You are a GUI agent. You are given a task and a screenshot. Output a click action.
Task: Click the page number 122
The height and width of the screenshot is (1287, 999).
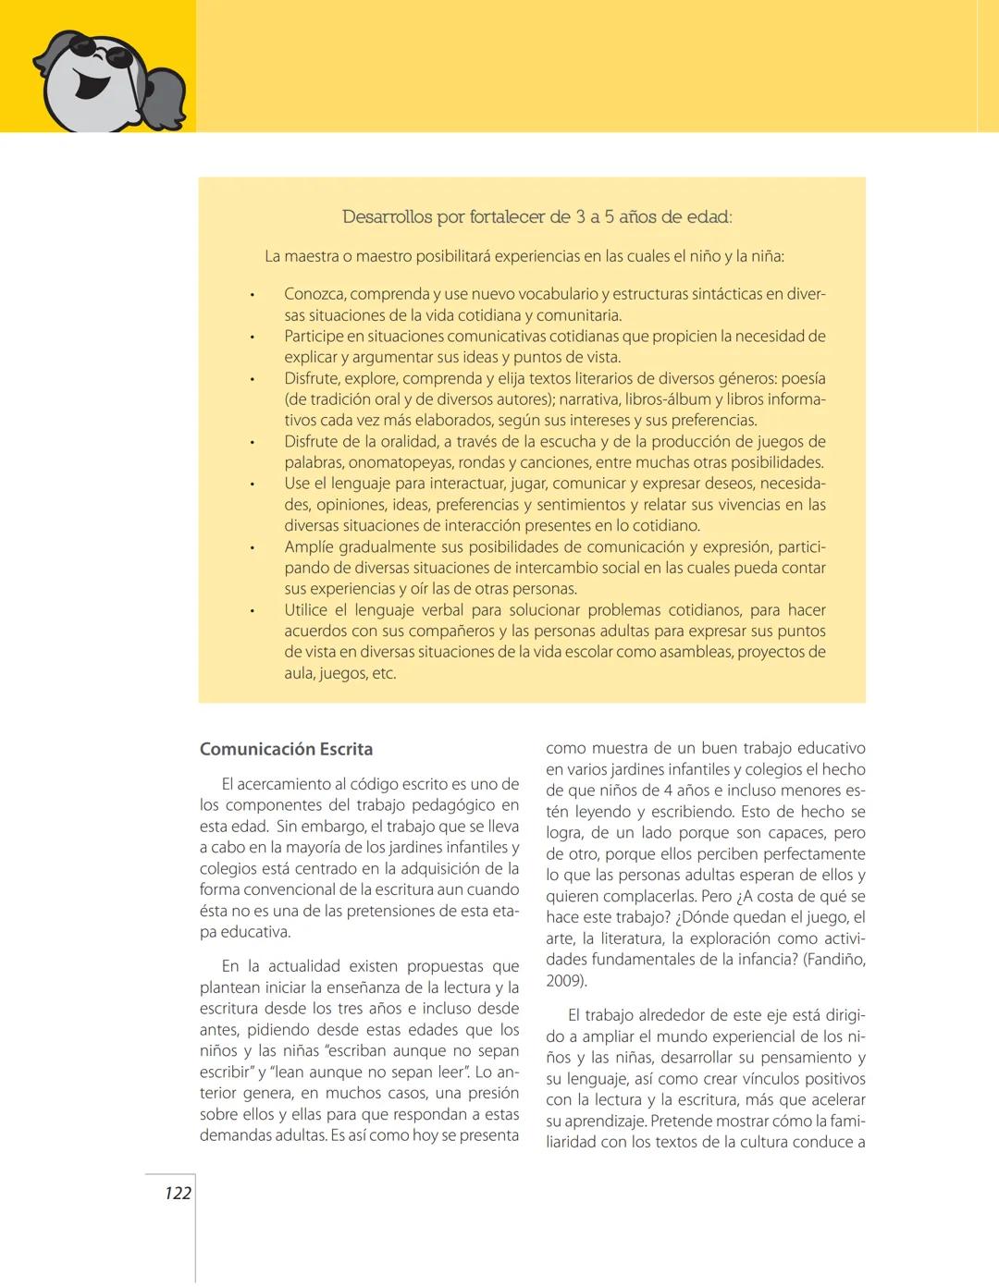tap(178, 1193)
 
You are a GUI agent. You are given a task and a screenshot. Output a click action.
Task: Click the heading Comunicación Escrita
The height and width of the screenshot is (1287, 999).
tap(287, 749)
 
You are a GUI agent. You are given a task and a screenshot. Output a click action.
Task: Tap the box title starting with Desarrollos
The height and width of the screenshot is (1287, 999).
tap(536, 217)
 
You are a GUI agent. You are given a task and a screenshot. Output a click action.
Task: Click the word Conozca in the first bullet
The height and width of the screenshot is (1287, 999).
tap(314, 294)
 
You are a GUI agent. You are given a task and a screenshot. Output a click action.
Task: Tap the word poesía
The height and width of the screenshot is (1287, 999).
tap(804, 378)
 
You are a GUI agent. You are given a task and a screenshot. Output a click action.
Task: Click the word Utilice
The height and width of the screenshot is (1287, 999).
tap(306, 610)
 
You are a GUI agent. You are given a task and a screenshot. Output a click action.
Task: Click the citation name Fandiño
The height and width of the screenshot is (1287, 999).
tap(835, 960)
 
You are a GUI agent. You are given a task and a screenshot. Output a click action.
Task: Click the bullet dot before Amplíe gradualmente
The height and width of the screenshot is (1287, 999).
tap(251, 548)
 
